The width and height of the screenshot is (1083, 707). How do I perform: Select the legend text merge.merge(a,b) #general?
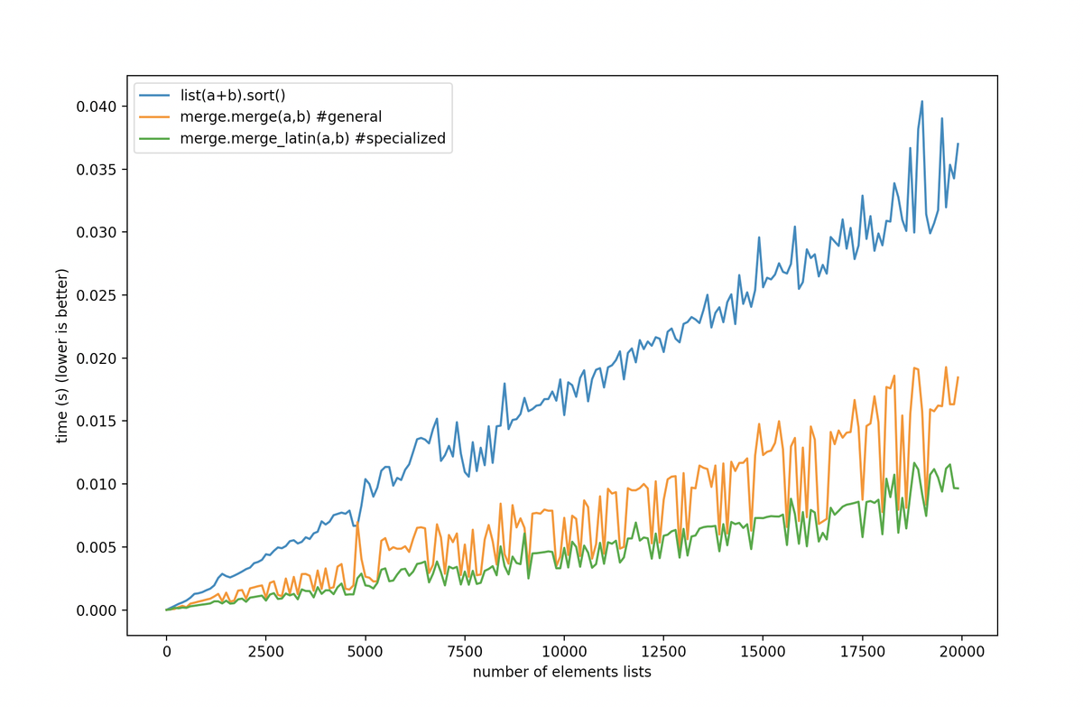[281, 116]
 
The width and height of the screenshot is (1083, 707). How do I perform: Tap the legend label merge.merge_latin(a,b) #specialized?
[313, 138]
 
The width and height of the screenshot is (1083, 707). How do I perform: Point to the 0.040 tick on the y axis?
[97, 107]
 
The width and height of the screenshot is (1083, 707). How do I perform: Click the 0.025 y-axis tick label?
[97, 295]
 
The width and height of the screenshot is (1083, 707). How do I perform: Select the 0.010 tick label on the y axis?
[97, 484]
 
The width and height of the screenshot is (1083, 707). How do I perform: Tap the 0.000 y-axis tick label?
[97, 610]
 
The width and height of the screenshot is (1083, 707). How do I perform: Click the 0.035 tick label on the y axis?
[97, 170]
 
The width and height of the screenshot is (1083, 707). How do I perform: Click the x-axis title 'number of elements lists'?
[562, 672]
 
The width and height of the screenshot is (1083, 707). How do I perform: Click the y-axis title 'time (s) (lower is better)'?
[62, 356]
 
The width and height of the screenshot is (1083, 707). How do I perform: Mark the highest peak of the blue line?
[921, 101]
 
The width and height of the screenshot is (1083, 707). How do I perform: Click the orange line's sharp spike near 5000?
[357, 523]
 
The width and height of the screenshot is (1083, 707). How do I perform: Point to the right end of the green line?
[958, 488]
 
